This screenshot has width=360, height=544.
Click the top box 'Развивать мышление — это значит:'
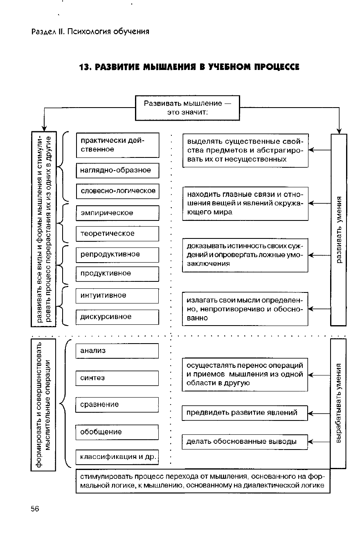pos(187,108)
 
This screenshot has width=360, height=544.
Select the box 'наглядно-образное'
pos(117,171)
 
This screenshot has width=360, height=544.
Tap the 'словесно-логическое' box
pos(117,191)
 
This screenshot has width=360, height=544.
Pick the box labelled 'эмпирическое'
pos(117,213)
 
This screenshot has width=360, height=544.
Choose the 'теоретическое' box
pos(117,234)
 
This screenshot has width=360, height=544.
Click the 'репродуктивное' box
pos(117,254)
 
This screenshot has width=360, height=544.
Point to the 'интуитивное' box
pos(117,295)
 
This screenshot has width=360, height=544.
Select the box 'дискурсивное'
pos(117,317)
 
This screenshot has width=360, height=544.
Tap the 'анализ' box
pos(117,351)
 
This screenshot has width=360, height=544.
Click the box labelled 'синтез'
pos(117,378)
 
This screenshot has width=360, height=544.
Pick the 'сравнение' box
pos(117,405)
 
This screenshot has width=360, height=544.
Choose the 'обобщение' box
pos(117,432)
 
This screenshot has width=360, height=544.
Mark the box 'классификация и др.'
pos(117,457)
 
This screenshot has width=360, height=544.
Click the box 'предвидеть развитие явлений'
pos(244,413)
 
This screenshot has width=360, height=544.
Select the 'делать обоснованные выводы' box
pos(244,442)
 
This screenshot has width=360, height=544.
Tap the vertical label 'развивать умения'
pos(339,229)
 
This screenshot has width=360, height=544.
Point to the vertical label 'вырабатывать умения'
pos(338,403)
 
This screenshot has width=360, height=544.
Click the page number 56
pos(35,509)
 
